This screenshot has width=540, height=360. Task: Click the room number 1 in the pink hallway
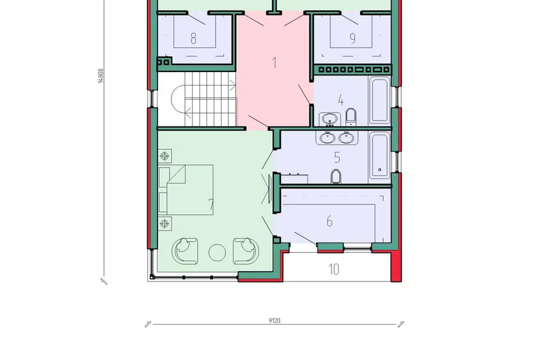274,62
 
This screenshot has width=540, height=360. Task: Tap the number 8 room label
193,38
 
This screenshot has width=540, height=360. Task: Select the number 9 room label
352,39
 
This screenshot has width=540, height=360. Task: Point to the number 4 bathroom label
341,100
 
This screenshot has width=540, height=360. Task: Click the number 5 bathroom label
337,157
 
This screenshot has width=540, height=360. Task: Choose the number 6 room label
330,221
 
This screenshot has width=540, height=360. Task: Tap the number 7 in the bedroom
211,205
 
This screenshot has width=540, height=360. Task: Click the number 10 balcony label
334,269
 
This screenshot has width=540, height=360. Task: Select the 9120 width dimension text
274,321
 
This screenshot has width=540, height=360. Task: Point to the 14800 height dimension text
101,76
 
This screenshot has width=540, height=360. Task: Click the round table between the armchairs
217,253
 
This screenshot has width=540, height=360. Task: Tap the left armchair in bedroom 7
185,251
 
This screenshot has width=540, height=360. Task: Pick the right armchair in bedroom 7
246,251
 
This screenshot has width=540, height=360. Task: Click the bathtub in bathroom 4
380,101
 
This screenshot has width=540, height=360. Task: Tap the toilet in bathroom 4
350,117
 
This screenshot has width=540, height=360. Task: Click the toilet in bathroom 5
336,177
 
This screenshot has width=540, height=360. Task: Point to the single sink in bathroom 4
330,119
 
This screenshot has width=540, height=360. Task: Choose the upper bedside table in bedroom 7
165,156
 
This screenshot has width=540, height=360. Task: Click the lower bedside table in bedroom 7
165,223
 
